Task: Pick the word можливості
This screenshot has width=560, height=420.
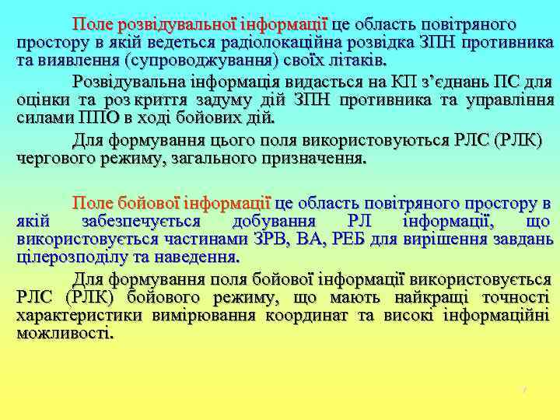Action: [x=65, y=334]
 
